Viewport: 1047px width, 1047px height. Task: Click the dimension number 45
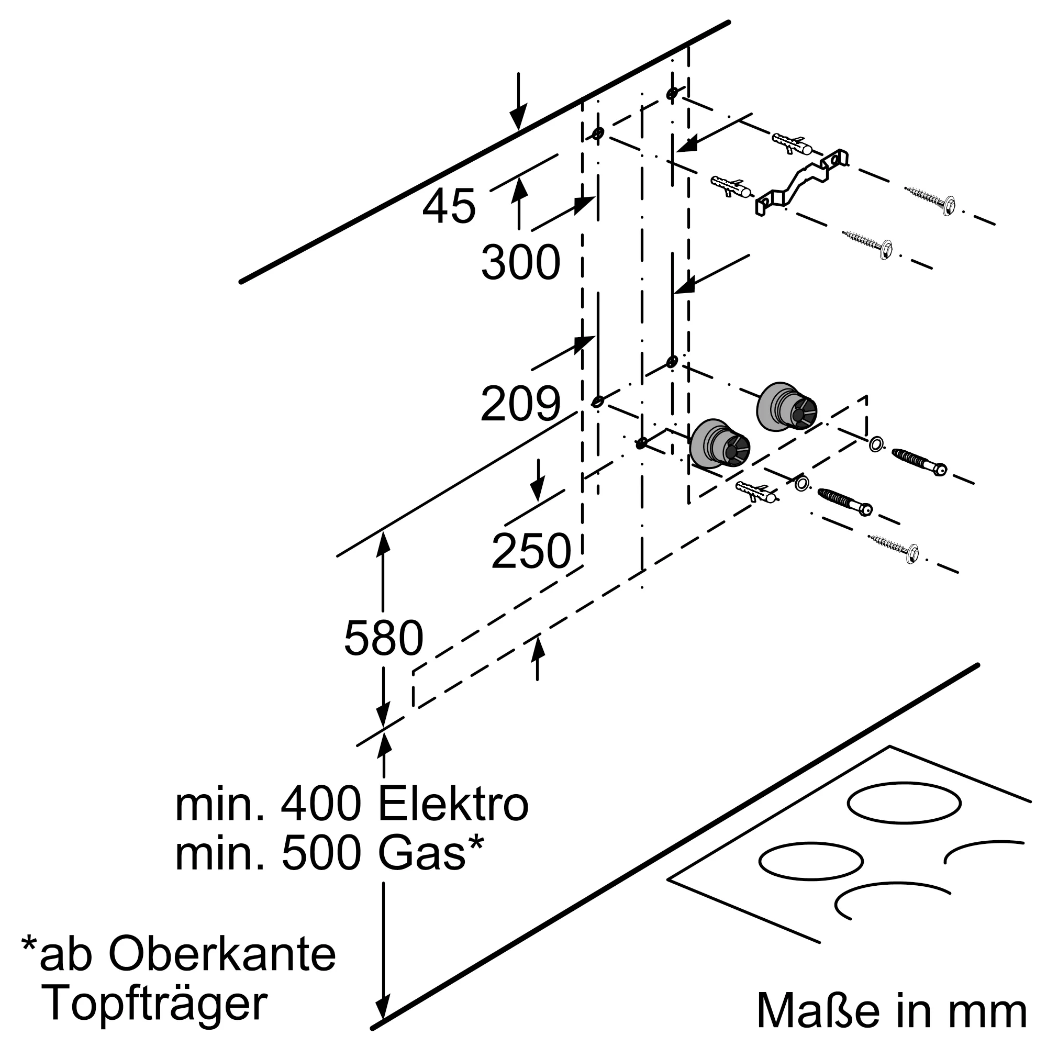click(449, 207)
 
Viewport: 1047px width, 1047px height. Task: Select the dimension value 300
click(520, 263)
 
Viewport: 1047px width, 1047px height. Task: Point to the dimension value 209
click(520, 404)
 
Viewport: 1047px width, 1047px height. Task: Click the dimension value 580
click(384, 638)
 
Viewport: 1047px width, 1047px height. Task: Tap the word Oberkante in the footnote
click(222, 954)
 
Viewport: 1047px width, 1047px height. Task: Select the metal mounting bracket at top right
click(802, 182)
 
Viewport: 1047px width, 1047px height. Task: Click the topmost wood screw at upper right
click(930, 199)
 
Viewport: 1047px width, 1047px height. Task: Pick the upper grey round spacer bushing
click(785, 406)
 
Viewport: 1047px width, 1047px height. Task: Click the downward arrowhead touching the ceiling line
click(519, 115)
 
